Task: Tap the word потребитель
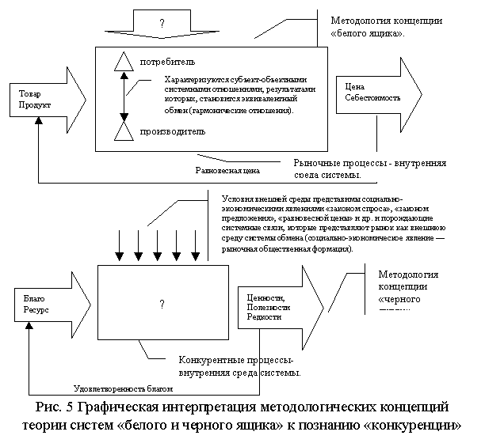coord(168,62)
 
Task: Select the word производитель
coord(173,131)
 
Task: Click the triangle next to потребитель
coord(124,61)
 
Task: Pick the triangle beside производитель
coord(124,131)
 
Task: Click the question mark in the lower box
coord(162,305)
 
